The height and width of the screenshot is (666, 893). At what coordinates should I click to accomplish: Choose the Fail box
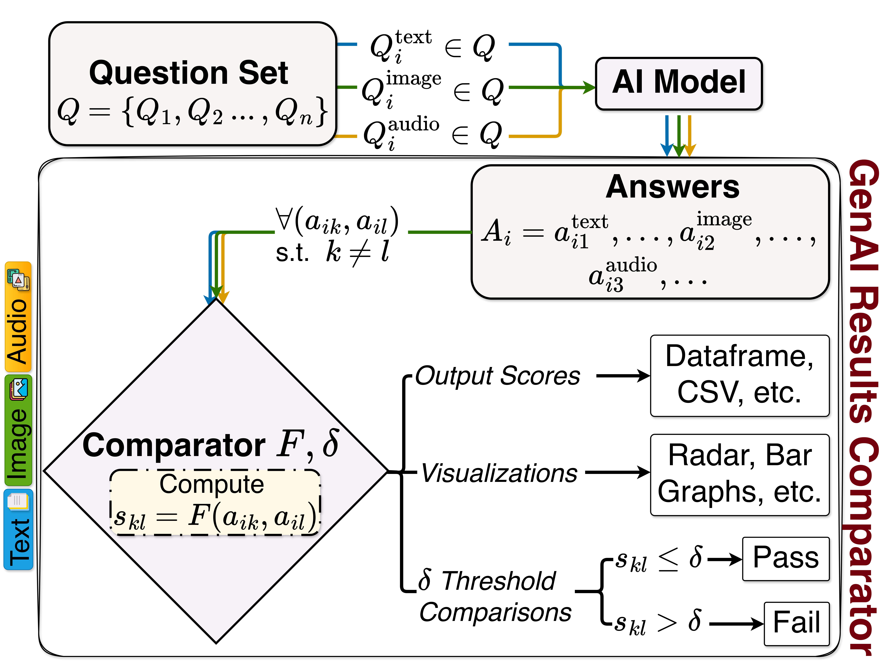(x=796, y=623)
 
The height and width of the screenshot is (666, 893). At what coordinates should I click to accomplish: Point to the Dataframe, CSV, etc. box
(x=740, y=375)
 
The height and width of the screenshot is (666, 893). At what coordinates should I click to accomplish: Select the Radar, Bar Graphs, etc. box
(x=740, y=474)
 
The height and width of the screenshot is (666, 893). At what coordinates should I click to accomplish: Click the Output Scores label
(x=497, y=376)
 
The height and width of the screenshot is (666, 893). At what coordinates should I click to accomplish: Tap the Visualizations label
(x=499, y=473)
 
